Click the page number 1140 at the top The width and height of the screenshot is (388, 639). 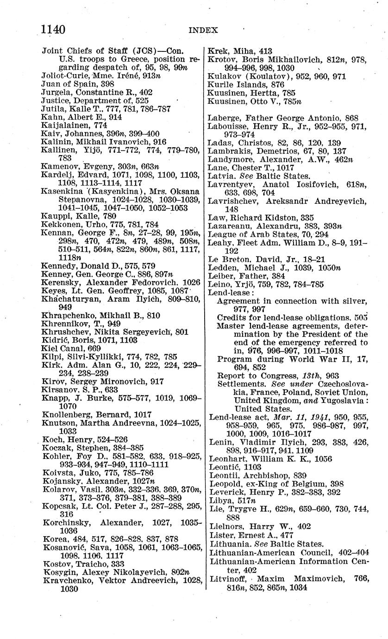click(52, 29)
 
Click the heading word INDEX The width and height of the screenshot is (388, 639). click(203, 30)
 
